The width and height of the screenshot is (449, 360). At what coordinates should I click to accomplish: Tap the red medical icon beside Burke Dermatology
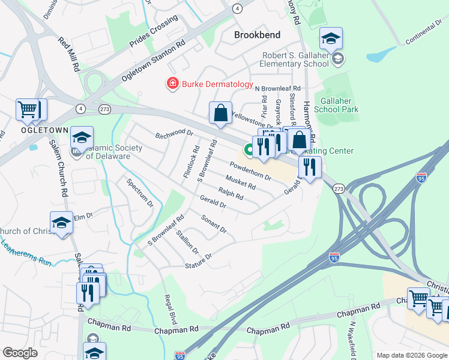coord(172,83)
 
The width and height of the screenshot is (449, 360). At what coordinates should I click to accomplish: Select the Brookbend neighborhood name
coord(257,35)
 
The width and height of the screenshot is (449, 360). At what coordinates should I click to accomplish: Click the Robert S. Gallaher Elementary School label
coord(295,59)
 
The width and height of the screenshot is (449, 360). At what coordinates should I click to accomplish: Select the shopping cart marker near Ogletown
coord(28,110)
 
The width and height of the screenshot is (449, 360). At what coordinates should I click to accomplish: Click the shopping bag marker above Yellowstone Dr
coord(221,113)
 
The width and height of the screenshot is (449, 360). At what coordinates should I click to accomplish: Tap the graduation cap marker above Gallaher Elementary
coord(330,40)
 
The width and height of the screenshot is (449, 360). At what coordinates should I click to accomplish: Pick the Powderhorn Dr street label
coord(251,170)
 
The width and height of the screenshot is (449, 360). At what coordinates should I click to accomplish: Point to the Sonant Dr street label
coord(213,223)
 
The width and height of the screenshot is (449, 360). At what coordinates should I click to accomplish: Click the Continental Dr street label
coord(423,35)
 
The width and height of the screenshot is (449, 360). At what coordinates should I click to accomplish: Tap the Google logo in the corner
coord(20,353)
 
